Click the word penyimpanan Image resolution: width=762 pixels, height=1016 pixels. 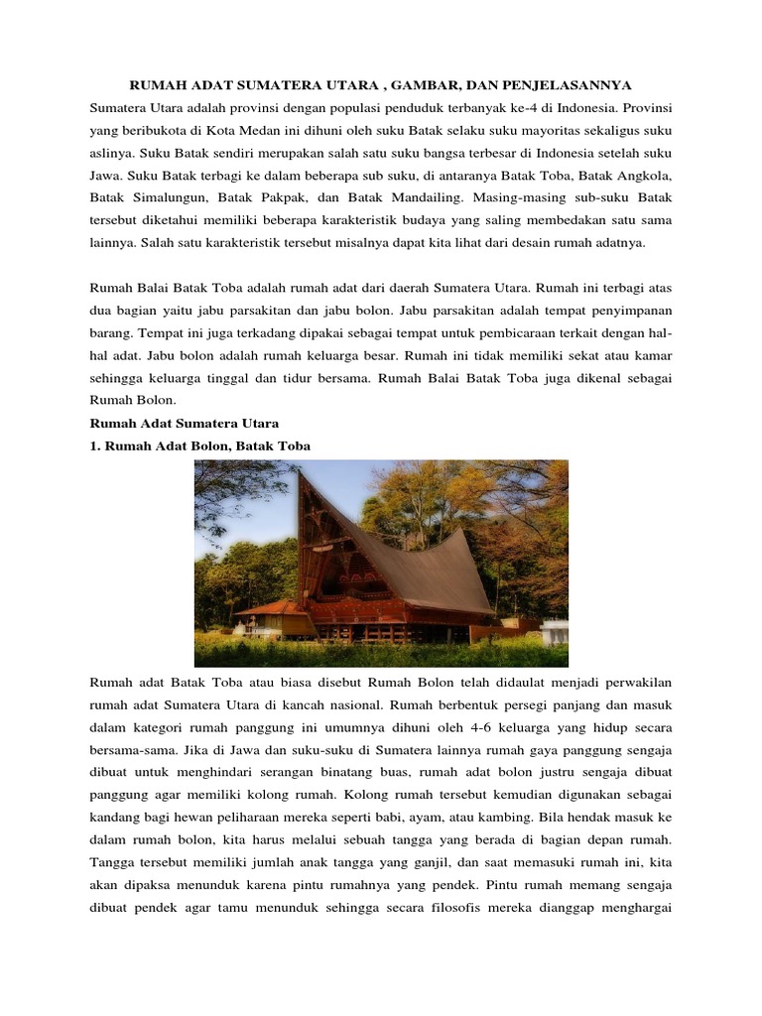(627, 310)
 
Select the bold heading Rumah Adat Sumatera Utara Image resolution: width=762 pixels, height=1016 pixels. (184, 424)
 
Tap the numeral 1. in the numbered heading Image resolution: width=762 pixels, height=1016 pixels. (95, 446)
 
